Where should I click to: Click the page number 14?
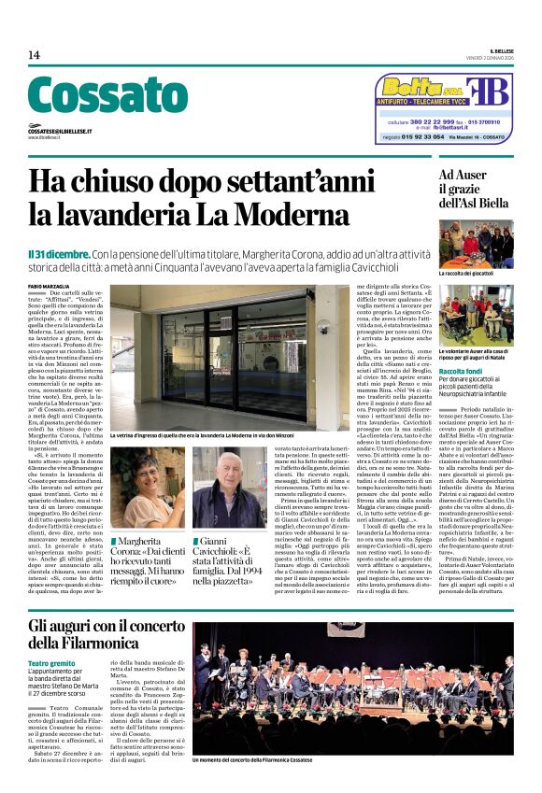[x=34, y=55]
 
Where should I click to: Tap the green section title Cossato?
[x=107, y=97]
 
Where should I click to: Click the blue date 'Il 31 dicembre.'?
[x=59, y=254]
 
